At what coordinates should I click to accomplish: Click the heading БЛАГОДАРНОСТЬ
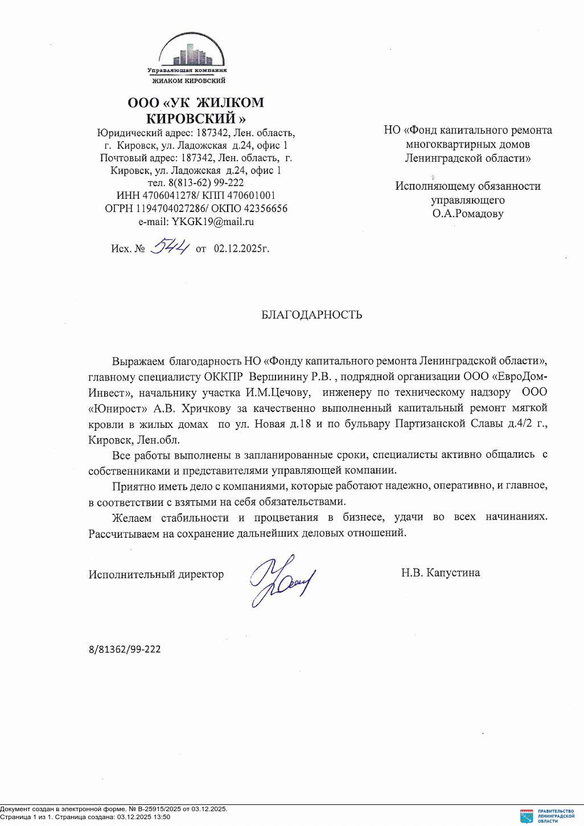(311, 315)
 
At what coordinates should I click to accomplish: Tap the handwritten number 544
(169, 247)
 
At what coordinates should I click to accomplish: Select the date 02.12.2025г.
(241, 249)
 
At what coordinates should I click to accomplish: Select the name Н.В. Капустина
(440, 573)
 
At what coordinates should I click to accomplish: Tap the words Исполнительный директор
(156, 574)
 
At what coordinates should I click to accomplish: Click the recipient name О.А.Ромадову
(467, 214)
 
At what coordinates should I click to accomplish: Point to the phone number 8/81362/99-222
(125, 649)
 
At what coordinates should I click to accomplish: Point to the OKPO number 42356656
(263, 208)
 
